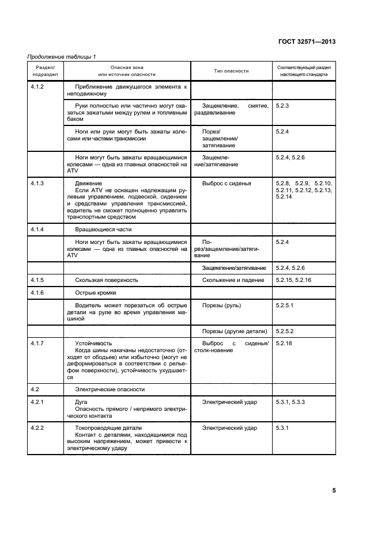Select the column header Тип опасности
231,71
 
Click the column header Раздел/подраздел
45,71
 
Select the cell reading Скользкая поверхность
107,280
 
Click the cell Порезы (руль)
221,305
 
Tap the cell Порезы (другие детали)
235,331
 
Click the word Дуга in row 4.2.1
82,402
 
